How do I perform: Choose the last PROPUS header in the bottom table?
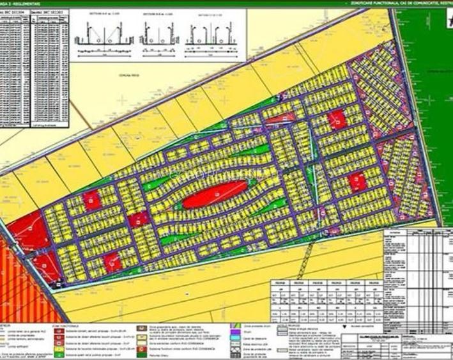click(x=370, y=281)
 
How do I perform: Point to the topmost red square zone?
click(x=337, y=119)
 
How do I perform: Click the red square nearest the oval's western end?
click(x=137, y=219)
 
